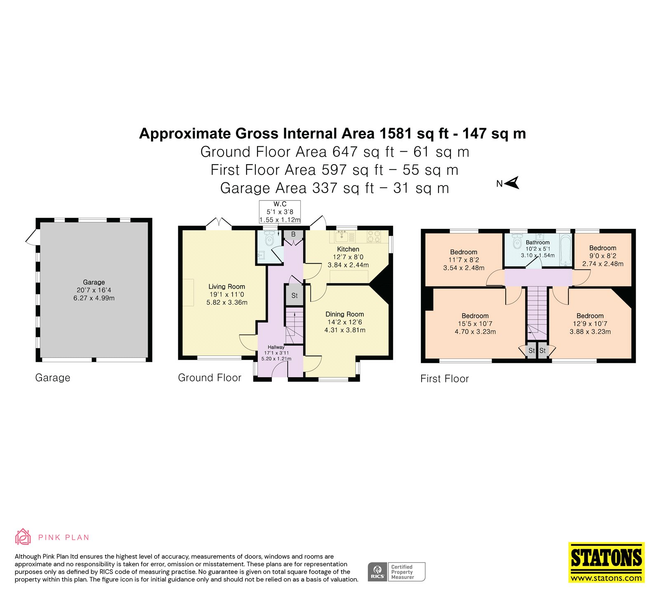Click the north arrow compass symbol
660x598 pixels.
point(512,183)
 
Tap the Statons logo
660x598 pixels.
point(606,563)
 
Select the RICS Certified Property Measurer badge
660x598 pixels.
point(396,572)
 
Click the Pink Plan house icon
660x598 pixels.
point(23,537)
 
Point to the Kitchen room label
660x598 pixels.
point(348,249)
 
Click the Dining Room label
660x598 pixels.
point(344,314)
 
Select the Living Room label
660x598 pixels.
point(226,287)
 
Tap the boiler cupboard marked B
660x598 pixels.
point(293,235)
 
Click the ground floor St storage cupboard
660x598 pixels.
point(295,295)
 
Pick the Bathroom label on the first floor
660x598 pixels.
point(537,242)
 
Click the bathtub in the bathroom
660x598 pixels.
point(566,250)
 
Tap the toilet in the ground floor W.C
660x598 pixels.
point(270,239)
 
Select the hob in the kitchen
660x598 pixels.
point(374,237)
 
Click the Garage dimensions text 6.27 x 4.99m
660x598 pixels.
point(94,298)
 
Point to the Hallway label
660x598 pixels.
point(276,347)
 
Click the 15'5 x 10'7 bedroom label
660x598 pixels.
point(475,324)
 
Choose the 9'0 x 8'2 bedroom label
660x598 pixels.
point(603,256)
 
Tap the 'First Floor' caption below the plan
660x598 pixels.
point(445,379)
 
